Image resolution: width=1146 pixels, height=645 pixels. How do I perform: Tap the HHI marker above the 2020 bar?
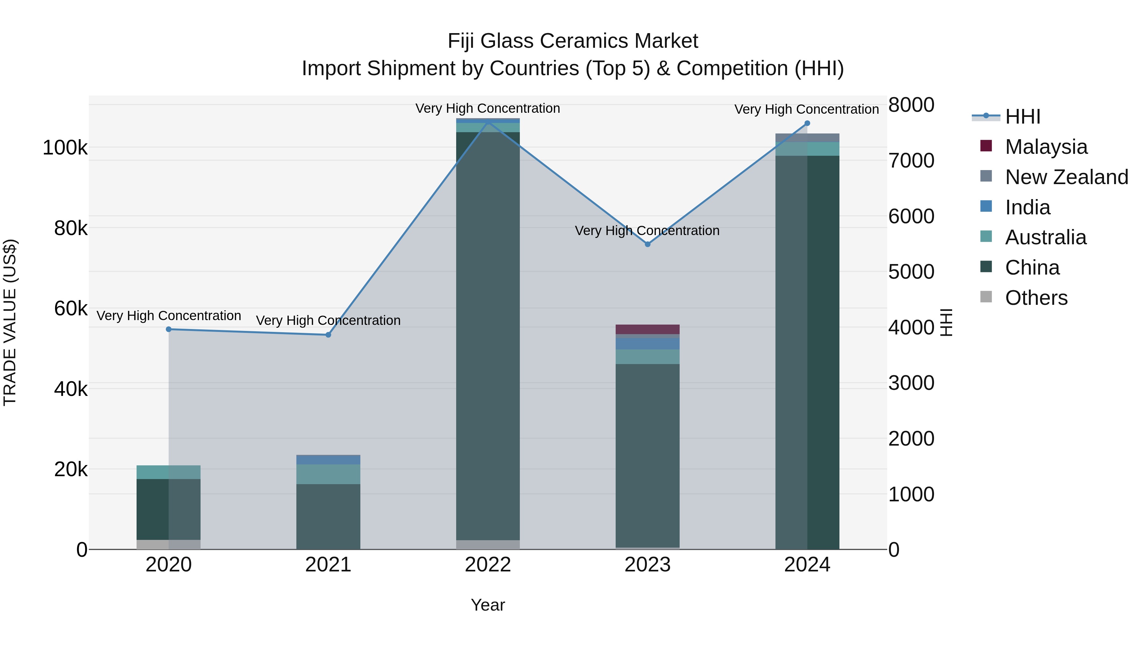click(169, 329)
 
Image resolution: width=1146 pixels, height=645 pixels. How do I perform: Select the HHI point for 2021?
click(328, 335)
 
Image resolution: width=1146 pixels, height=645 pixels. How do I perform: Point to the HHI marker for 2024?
click(807, 123)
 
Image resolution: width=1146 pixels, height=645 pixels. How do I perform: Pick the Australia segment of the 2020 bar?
click(169, 472)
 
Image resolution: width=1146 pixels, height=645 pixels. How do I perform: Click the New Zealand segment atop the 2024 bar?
click(807, 138)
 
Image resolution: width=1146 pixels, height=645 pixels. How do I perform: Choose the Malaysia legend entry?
click(1045, 147)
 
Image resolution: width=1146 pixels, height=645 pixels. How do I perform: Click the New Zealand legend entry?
click(1066, 177)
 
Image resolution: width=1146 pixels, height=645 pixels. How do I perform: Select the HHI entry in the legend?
click(1022, 117)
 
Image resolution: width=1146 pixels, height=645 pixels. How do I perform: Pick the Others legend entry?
click(1036, 298)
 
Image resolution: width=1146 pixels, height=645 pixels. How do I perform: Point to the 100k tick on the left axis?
click(65, 148)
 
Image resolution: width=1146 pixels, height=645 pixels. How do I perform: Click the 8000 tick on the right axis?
click(911, 105)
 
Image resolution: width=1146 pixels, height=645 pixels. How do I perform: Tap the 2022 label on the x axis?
click(488, 565)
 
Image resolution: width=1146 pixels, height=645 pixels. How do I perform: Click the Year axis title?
click(488, 605)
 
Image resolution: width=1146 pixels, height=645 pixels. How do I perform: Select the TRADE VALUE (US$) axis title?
click(10, 322)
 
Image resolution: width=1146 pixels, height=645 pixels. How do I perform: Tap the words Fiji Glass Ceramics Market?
click(573, 41)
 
